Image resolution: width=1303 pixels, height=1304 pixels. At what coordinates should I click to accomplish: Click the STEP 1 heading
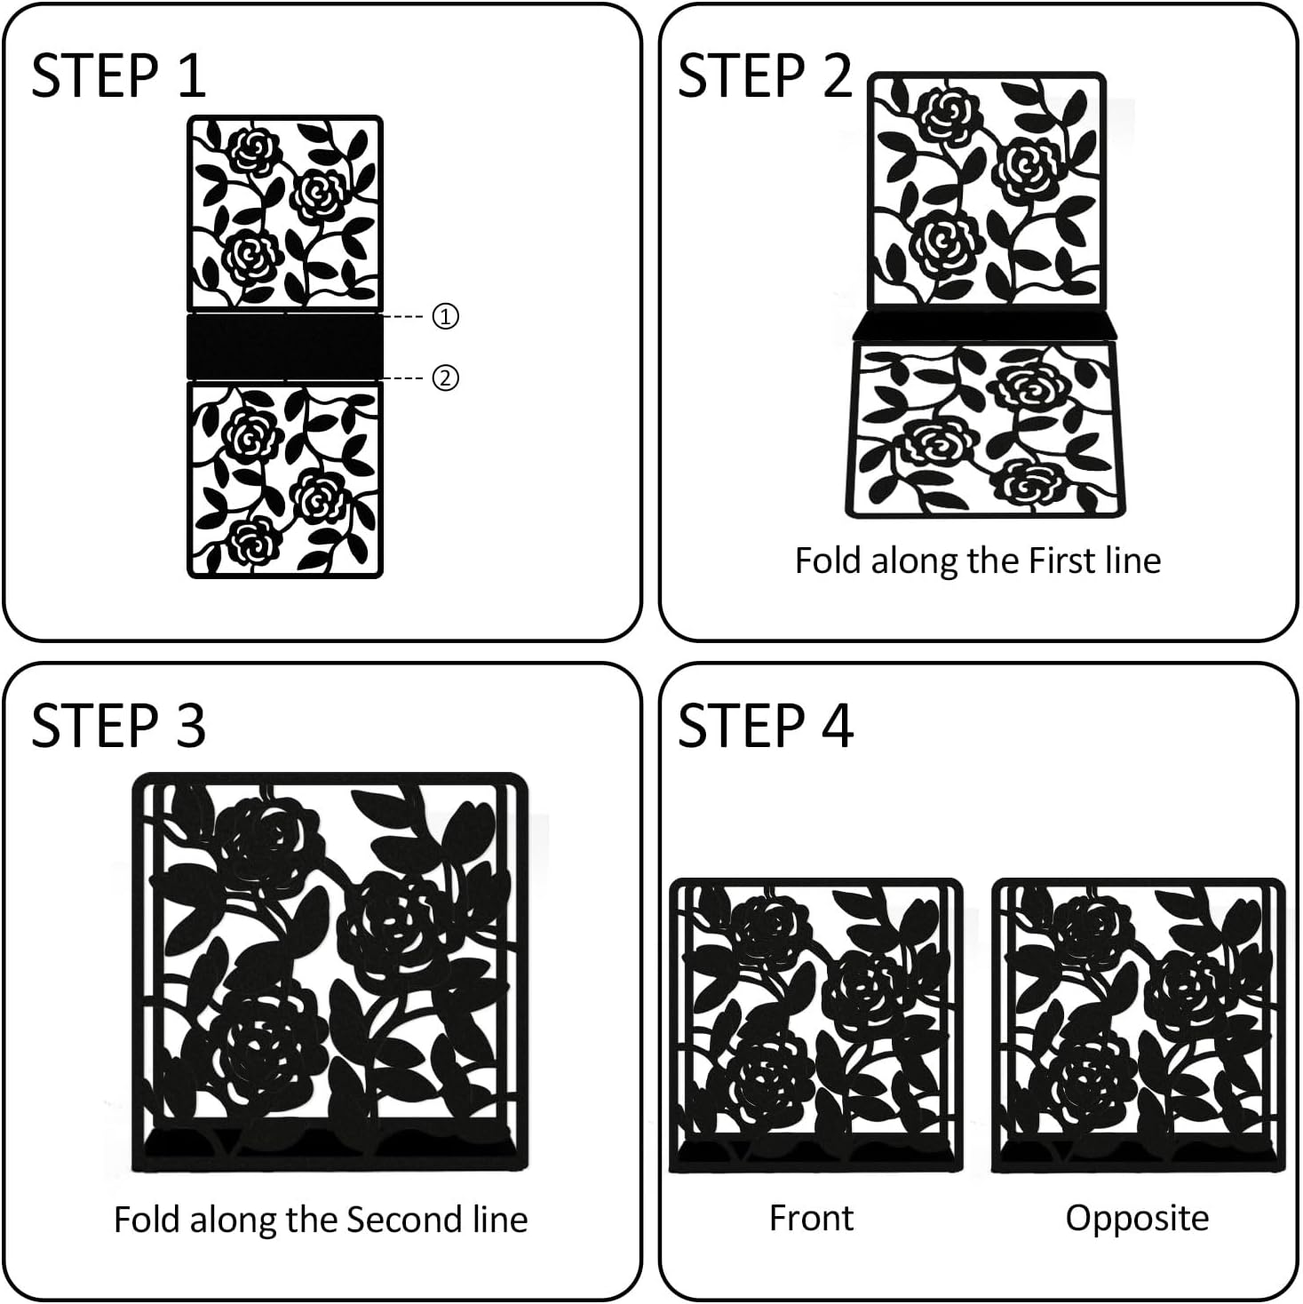(118, 76)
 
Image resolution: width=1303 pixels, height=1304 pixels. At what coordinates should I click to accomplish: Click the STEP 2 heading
(765, 76)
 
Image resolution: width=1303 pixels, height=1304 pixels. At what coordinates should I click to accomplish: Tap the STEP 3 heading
(118, 726)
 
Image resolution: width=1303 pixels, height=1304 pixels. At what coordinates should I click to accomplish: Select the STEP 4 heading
(766, 726)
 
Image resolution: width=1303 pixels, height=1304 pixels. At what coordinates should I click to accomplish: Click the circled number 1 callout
(445, 316)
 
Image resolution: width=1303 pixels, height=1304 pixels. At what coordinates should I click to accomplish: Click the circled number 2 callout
(445, 378)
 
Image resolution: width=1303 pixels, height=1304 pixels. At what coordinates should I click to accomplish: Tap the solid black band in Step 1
(285, 346)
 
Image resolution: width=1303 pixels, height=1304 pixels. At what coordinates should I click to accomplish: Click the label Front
(811, 1218)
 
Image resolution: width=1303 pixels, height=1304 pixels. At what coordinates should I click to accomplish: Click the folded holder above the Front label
(815, 1026)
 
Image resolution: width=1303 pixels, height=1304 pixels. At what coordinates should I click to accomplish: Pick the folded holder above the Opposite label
(1138, 1026)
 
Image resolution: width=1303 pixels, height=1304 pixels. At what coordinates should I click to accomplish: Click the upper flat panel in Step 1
(285, 214)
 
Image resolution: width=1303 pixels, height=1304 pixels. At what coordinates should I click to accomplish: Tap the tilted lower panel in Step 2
(986, 430)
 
